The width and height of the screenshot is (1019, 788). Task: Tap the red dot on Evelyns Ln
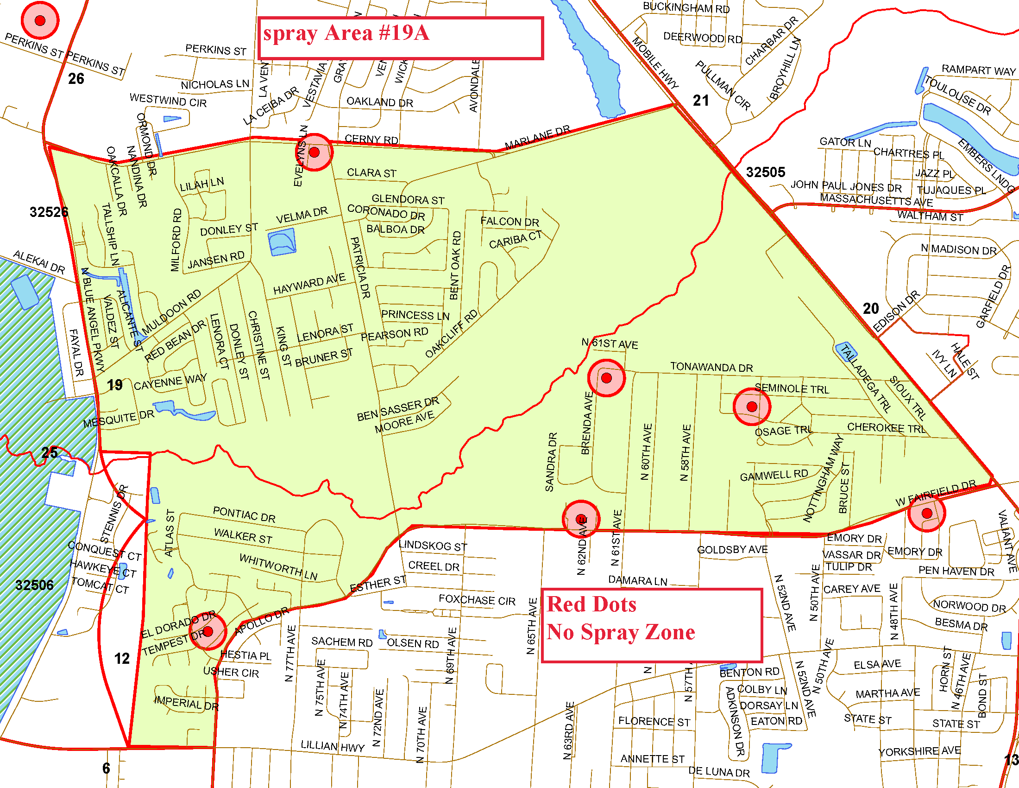coord(314,152)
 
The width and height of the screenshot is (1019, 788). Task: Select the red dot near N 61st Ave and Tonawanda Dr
coord(606,378)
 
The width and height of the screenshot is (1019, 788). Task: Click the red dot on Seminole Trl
coord(751,407)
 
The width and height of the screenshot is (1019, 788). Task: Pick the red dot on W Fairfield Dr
coord(926,513)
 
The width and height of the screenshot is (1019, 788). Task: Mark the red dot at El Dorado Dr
coord(208,631)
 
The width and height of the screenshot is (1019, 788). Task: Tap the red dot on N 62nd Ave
coord(580,519)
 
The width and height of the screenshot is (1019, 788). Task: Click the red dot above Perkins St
coord(40,20)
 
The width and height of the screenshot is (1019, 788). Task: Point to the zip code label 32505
coord(765,172)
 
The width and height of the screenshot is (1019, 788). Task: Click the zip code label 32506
coord(34,585)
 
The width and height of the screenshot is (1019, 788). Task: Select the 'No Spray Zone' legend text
coord(620,632)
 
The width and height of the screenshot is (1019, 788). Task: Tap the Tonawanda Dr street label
coord(711,367)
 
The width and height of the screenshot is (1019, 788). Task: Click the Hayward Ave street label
coord(309,284)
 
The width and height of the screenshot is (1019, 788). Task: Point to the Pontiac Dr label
coord(244,514)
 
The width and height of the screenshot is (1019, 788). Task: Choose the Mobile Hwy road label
coord(655,63)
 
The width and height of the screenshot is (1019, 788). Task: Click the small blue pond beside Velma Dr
coord(282,242)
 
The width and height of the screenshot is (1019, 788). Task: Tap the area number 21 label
coord(700,101)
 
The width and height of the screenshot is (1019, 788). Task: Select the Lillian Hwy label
coord(332,746)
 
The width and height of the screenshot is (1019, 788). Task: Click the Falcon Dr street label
coord(509,221)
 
